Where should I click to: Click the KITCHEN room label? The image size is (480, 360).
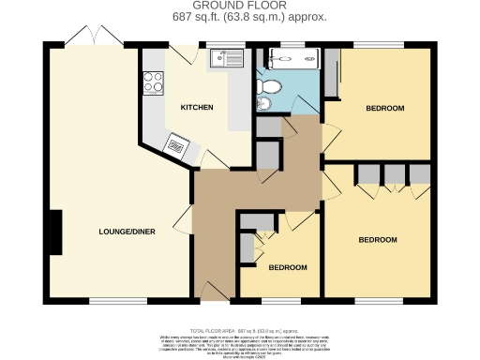tap(197, 108)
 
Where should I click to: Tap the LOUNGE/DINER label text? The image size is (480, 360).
tap(127, 231)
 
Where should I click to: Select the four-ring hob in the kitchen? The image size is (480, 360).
tap(151, 83)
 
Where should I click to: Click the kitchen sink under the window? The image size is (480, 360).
tap(225, 59)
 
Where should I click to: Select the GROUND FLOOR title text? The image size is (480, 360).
tap(240, 7)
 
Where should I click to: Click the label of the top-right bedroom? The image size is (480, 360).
tap(384, 109)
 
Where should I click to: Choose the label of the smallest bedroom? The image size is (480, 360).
tap(288, 267)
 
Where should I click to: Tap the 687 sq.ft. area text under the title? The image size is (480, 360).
tap(239, 17)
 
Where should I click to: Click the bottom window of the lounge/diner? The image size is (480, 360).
tap(118, 301)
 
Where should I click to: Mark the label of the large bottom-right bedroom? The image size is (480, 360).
tap(378, 240)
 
